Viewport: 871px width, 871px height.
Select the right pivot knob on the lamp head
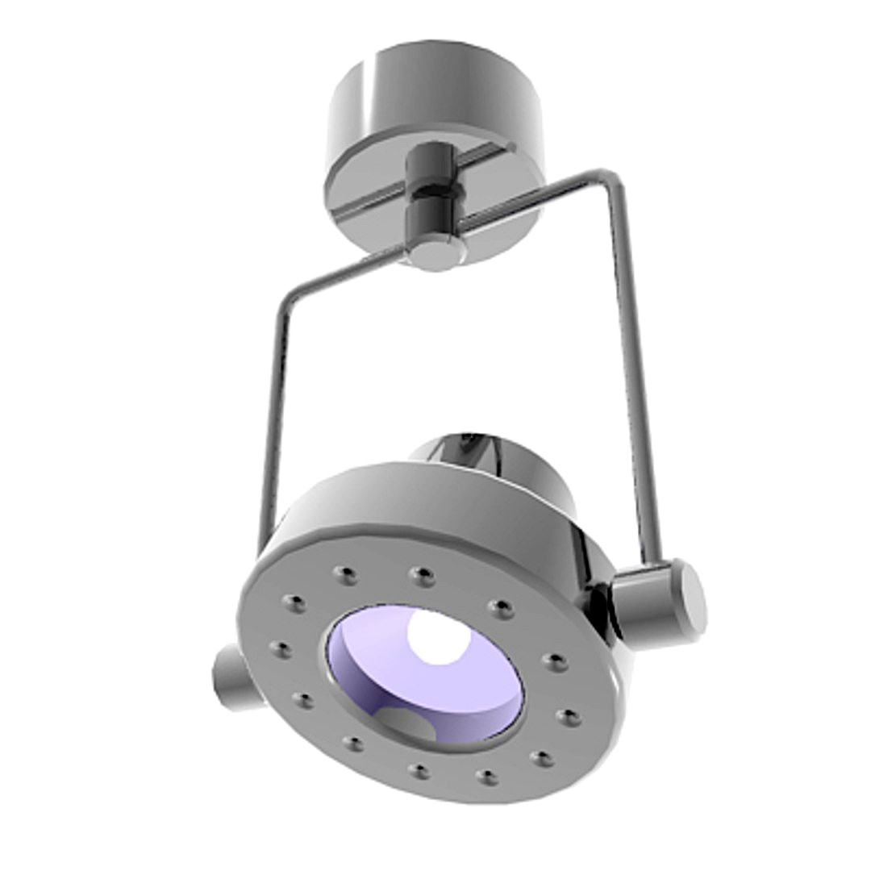657,601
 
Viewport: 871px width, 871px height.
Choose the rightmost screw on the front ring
568,717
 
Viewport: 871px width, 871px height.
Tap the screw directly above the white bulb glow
421,576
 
